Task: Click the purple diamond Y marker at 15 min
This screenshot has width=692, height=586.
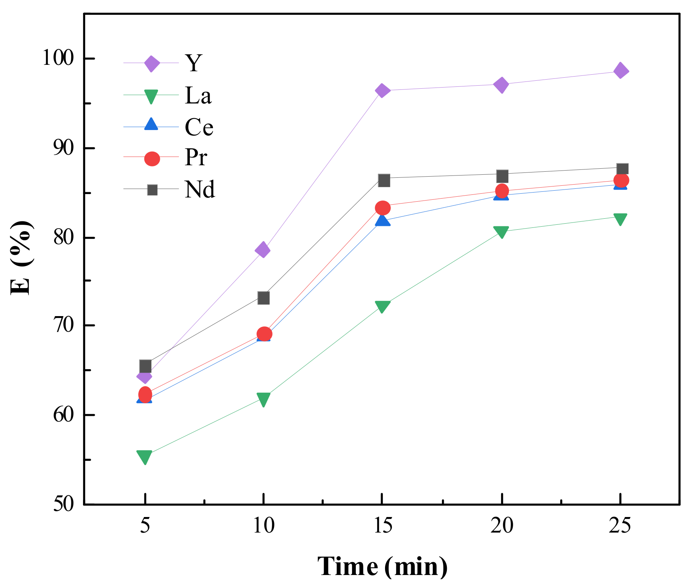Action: (x=382, y=91)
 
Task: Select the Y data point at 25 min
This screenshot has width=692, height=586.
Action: (x=620, y=71)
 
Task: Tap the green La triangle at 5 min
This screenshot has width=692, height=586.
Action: (x=145, y=457)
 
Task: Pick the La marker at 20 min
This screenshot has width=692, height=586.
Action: (x=501, y=232)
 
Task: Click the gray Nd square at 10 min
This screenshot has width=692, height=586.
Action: (x=263, y=298)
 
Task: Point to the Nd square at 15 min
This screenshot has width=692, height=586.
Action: (x=384, y=180)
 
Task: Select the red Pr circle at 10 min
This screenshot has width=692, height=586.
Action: (x=264, y=334)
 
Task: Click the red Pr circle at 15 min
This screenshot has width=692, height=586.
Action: (x=382, y=208)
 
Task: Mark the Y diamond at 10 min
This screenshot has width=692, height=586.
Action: (x=263, y=250)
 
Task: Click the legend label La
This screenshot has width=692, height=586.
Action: (x=198, y=95)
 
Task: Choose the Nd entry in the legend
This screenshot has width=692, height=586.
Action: (x=200, y=189)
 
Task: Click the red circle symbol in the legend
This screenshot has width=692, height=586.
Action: (x=152, y=158)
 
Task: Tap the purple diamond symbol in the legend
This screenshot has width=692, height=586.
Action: (x=152, y=64)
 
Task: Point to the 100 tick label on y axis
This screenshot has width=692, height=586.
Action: (x=58, y=58)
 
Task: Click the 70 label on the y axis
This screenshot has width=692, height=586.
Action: (x=63, y=326)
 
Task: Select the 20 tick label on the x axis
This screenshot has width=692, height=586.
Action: (x=502, y=526)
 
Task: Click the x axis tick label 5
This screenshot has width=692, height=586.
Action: (x=145, y=526)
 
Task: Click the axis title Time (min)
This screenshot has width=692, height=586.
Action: (x=382, y=566)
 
